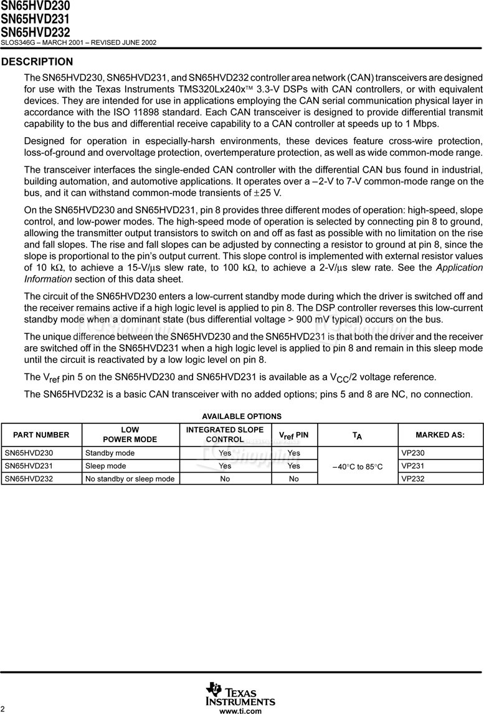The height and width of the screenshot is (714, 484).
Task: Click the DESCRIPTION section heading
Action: (x=37, y=62)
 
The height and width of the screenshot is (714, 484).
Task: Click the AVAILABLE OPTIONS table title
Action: (x=242, y=416)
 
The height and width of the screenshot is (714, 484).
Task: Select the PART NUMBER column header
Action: (x=41, y=435)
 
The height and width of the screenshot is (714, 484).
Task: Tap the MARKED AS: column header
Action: (x=440, y=435)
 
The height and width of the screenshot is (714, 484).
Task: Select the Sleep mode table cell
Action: (x=105, y=466)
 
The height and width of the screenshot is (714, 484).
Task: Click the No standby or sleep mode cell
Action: (x=130, y=479)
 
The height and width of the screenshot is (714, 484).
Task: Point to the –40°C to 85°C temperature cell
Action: (x=358, y=466)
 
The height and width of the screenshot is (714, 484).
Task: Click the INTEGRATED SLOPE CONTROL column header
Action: (x=225, y=435)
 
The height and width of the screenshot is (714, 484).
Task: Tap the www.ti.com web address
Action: (x=240, y=711)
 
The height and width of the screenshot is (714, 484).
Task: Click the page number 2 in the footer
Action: (x=3, y=710)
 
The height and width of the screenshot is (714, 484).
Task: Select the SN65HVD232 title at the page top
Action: (x=35, y=32)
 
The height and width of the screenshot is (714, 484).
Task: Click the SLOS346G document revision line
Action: (x=78, y=42)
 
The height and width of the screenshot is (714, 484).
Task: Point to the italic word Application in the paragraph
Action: (x=459, y=268)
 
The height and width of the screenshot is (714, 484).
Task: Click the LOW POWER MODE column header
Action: (x=130, y=435)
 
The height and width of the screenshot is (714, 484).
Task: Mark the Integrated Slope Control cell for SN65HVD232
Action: (x=225, y=479)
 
